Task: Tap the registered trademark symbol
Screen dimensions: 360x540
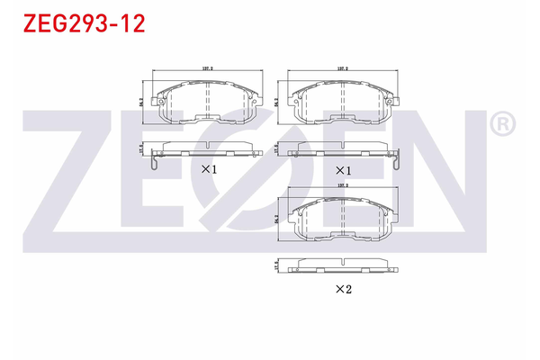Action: (503, 123)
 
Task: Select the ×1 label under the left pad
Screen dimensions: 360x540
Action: (209, 168)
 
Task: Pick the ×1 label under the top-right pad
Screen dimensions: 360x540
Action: (343, 169)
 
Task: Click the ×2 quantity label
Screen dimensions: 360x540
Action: (343, 289)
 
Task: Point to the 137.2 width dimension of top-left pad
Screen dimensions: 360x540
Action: (206, 68)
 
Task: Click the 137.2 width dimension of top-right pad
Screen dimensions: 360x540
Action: (342, 68)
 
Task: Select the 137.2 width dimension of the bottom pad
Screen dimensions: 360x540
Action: (342, 187)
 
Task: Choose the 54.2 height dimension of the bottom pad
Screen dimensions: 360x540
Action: (276, 220)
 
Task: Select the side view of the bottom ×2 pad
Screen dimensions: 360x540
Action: (342, 267)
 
